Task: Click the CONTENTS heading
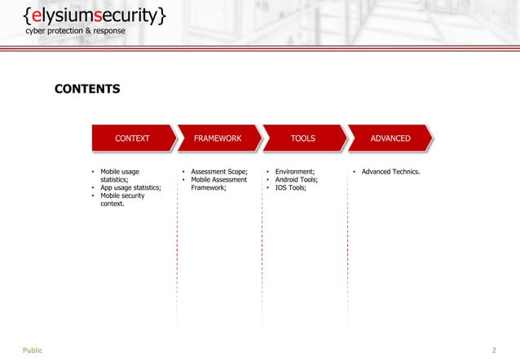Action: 87,88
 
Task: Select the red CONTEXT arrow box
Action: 132,138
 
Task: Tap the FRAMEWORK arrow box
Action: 218,138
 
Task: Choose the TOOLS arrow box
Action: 303,138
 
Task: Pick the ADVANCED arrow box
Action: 390,138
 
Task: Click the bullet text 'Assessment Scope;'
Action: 218,172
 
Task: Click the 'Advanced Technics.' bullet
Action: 390,172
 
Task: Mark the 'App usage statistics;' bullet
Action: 130,188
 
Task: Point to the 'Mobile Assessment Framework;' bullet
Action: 218,184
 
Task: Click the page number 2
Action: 494,350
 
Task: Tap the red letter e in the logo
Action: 37,15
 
